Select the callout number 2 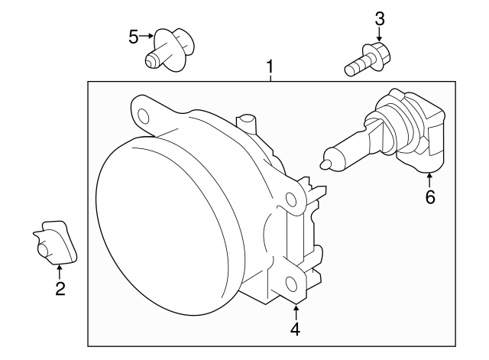(60, 288)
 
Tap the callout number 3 (380, 18)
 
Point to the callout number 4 (295, 329)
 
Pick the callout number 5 (134, 37)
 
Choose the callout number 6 (429, 198)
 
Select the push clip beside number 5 (170, 50)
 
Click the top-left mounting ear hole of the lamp (142, 115)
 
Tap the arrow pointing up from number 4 (295, 310)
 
